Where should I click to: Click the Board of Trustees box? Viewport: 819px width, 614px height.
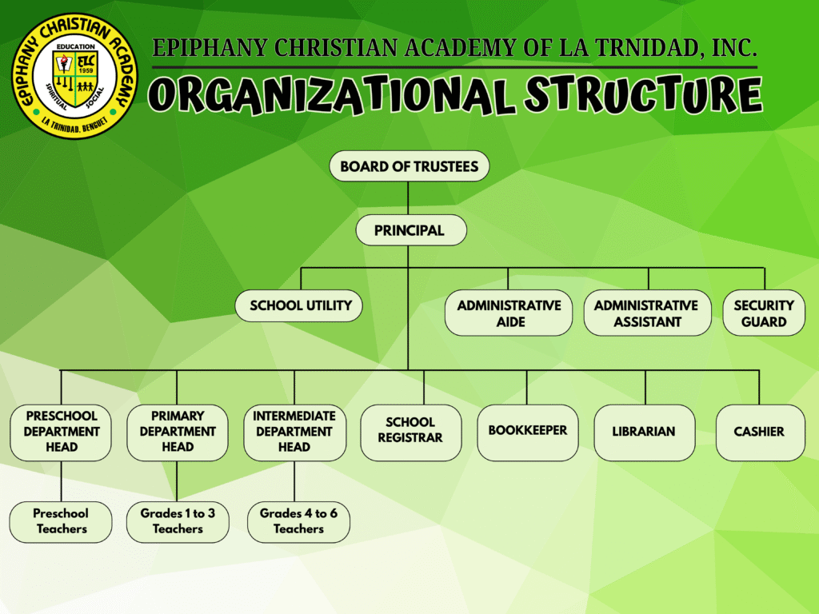[x=409, y=166]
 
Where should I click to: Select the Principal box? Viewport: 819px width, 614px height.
[x=409, y=230]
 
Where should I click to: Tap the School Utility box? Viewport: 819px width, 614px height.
[x=300, y=305]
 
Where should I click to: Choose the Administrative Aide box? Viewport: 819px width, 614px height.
[x=509, y=313]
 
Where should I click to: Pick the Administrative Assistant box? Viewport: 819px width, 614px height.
[x=646, y=313]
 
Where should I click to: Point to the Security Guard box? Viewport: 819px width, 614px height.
[x=764, y=313]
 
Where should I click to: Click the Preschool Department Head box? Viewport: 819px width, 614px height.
[x=61, y=432]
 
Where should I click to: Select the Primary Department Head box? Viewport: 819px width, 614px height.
[x=178, y=432]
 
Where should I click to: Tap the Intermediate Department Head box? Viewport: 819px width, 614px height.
[x=294, y=432]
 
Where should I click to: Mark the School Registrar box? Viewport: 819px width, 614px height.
[x=410, y=432]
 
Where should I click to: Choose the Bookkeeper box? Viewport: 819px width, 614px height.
[x=527, y=432]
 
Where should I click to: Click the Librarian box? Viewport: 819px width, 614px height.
[x=644, y=432]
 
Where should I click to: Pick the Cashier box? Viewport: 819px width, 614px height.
[x=759, y=432]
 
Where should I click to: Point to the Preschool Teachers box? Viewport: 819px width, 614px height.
[x=61, y=521]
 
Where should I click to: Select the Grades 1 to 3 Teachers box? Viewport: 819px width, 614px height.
[x=178, y=521]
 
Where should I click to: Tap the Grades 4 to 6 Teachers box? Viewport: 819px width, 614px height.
[x=298, y=521]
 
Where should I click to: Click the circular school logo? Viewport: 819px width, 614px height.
[x=76, y=76]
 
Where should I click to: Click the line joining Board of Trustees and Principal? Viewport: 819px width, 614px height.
[x=409, y=197]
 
